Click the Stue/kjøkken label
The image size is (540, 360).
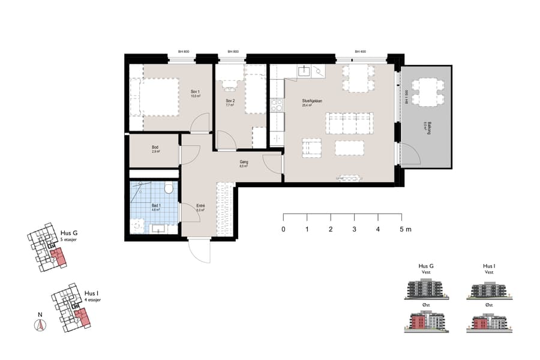pos(312,103)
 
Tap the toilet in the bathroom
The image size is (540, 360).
pos(169,189)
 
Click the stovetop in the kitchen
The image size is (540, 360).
pos(277,106)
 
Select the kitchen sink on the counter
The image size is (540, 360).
pos(304,71)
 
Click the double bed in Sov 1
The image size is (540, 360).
pos(155,97)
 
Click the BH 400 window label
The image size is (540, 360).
pos(361,52)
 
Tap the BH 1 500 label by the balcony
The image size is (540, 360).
pos(406,97)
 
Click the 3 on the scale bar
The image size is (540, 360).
pos(354,229)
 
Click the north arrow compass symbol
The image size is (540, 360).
pos(40,324)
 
